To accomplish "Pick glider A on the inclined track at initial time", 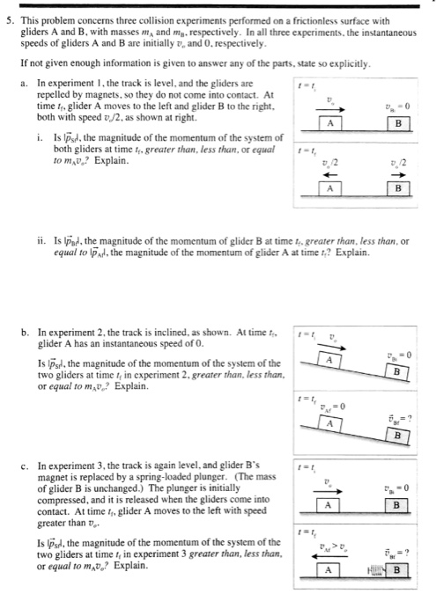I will [x=329, y=358].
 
